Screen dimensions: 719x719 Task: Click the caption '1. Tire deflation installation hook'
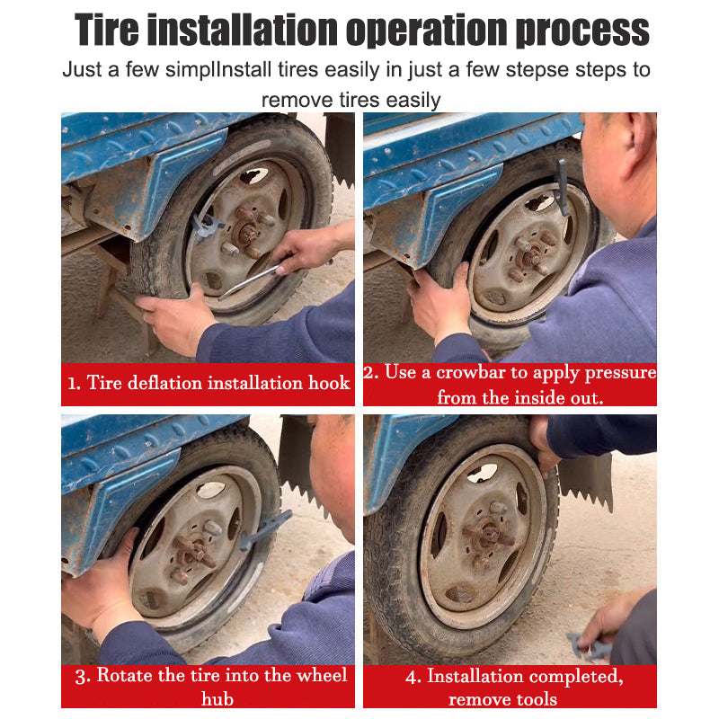pos(208,384)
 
